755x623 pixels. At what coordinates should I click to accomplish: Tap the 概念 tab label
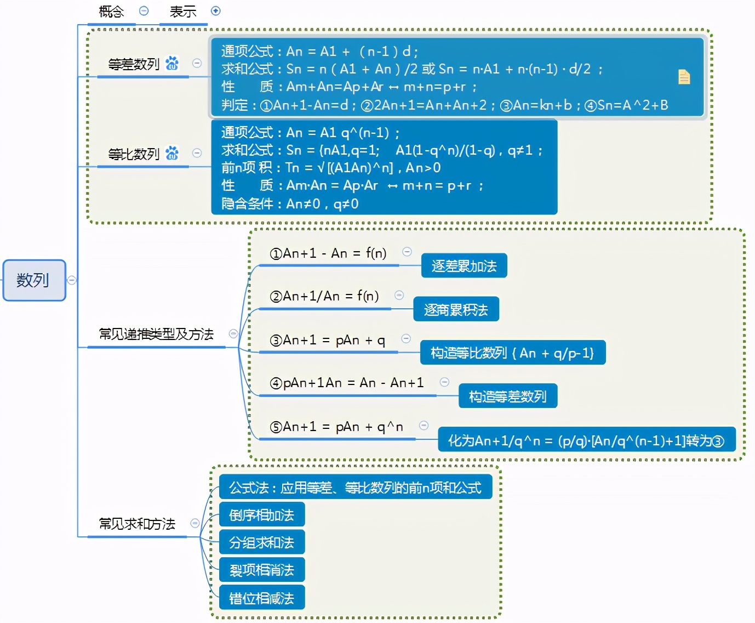tap(111, 12)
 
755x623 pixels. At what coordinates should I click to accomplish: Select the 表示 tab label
tap(183, 12)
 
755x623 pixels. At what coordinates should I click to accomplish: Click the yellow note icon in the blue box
tap(684, 77)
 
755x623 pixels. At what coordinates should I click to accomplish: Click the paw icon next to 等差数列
tap(172, 64)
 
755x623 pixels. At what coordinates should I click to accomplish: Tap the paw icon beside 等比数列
tap(172, 153)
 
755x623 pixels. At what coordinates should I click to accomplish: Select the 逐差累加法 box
tap(464, 266)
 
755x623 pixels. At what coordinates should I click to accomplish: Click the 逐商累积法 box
tap(455, 310)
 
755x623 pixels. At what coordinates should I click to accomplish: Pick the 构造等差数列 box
tap(507, 397)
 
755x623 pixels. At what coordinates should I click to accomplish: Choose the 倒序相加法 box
tap(261, 515)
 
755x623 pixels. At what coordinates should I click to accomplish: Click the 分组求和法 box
tap(261, 542)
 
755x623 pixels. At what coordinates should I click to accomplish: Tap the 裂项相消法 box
tap(261, 570)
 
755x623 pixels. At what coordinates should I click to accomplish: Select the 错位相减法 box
tap(261, 598)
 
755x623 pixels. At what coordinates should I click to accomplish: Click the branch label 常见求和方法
tap(137, 524)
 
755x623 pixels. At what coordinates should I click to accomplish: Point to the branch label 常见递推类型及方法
tap(156, 334)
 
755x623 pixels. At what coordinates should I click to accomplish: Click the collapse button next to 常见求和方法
tap(195, 523)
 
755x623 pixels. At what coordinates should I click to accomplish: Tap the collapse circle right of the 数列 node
tap(71, 280)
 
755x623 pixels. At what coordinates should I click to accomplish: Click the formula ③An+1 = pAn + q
tap(328, 341)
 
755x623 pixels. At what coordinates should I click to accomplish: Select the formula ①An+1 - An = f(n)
tap(328, 253)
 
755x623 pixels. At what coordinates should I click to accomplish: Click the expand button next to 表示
tap(216, 11)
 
